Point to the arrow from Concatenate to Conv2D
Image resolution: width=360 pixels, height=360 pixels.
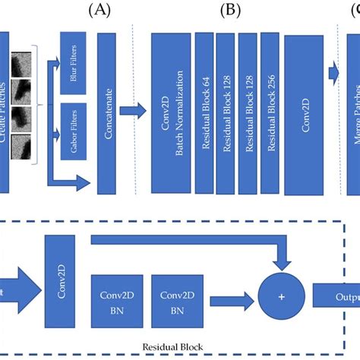(135, 111)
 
